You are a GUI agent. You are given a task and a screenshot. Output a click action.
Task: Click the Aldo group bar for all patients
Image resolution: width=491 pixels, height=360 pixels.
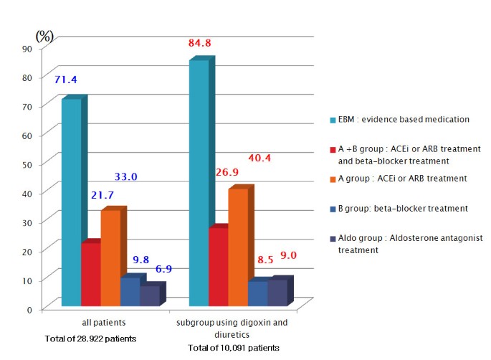point(149,296)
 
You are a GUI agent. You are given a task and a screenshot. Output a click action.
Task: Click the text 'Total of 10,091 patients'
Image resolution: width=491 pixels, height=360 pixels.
point(233,348)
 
